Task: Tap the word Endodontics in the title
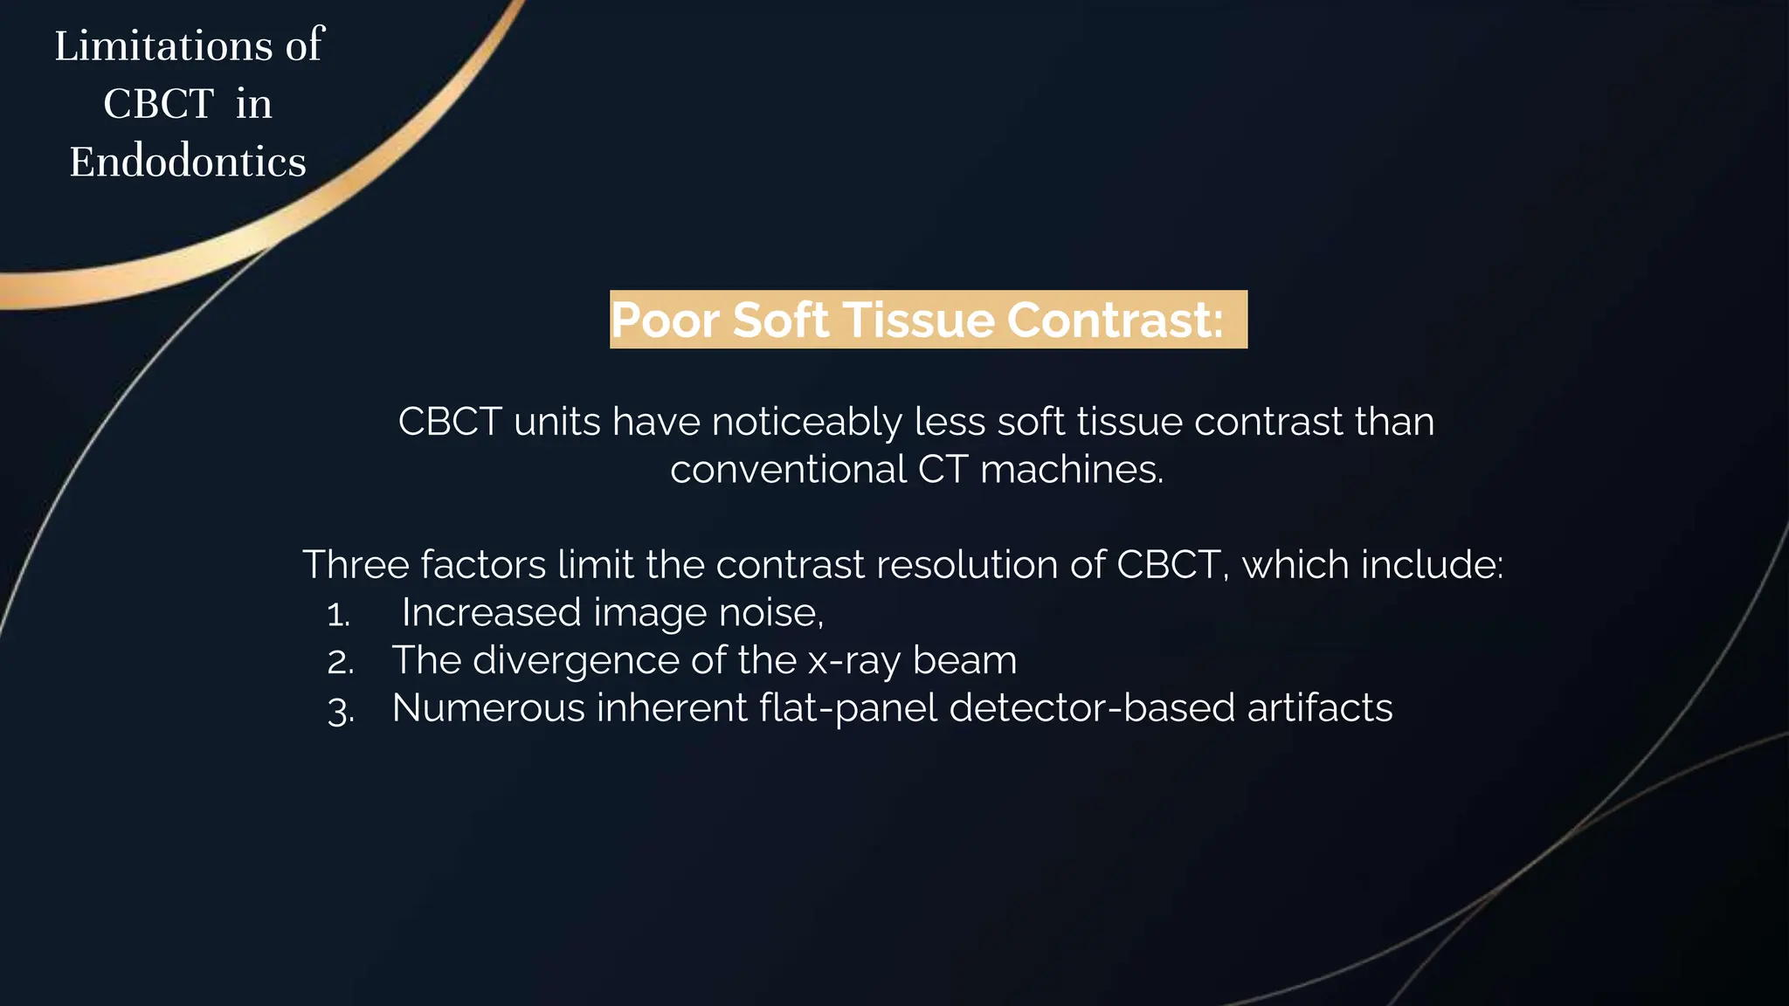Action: coord(188,162)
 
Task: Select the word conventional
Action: coord(788,470)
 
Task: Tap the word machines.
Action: coord(1072,470)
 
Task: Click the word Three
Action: coord(356,565)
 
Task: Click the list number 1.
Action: coord(339,615)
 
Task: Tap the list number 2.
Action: coord(341,662)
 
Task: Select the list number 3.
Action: coord(341,710)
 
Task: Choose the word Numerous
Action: coord(488,708)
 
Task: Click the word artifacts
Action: coord(1319,708)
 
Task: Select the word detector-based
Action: coord(1092,708)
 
